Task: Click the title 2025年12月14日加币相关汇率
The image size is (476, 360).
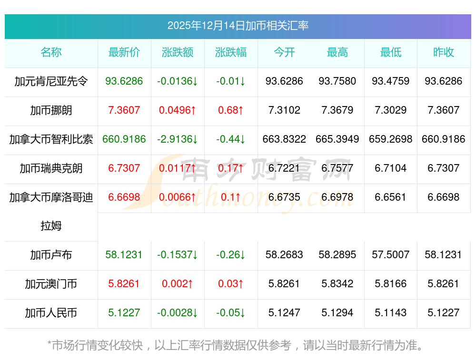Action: [238, 26]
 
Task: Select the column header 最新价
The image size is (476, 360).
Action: [124, 53]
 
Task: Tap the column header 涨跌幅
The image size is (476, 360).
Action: [231, 53]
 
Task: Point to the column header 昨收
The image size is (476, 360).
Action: [444, 53]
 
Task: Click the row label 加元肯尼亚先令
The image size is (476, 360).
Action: [51, 81]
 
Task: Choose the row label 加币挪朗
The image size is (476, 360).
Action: [51, 110]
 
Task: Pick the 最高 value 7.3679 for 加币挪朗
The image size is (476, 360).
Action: [337, 110]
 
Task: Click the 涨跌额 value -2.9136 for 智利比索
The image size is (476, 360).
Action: [178, 139]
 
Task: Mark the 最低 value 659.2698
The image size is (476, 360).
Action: [391, 139]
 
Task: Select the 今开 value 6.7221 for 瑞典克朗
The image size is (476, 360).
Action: [284, 168]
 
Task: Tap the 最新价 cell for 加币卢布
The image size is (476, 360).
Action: [124, 255]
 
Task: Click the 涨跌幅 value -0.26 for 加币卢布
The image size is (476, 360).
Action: [231, 255]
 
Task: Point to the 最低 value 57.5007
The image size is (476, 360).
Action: [391, 255]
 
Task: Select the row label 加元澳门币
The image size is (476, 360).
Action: [51, 284]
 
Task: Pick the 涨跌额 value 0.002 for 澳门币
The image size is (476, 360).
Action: [178, 284]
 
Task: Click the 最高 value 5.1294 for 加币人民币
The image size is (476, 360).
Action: [337, 313]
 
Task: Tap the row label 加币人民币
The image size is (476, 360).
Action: [51, 313]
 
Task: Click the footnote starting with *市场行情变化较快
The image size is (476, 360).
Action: [236, 345]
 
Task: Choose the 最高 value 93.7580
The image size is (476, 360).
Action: [337, 81]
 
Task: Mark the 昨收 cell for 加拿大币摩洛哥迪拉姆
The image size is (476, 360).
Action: [444, 197]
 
